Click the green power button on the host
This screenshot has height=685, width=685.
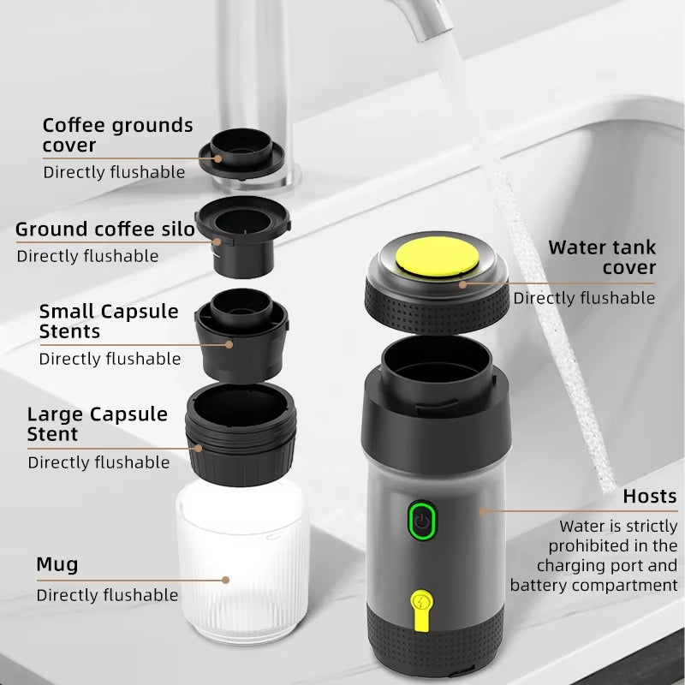tap(420, 521)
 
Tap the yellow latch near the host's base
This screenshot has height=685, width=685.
tap(420, 606)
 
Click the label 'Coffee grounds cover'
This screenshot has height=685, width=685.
tap(117, 135)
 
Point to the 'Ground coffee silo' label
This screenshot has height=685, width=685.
tap(105, 229)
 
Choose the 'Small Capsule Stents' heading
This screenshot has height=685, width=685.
tap(109, 321)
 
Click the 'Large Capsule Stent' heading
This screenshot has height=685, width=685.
tap(98, 424)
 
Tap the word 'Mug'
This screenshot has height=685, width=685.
tap(57, 564)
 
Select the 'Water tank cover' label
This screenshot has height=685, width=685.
tap(602, 257)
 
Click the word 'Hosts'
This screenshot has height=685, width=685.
tap(649, 497)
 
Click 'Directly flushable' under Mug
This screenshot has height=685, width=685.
tap(107, 595)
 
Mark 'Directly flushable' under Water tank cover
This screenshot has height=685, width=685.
tap(584, 298)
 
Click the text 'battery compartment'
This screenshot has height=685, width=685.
tap(593, 586)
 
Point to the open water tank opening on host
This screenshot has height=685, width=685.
tap(438, 364)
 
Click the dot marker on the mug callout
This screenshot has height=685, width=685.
tap(226, 580)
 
